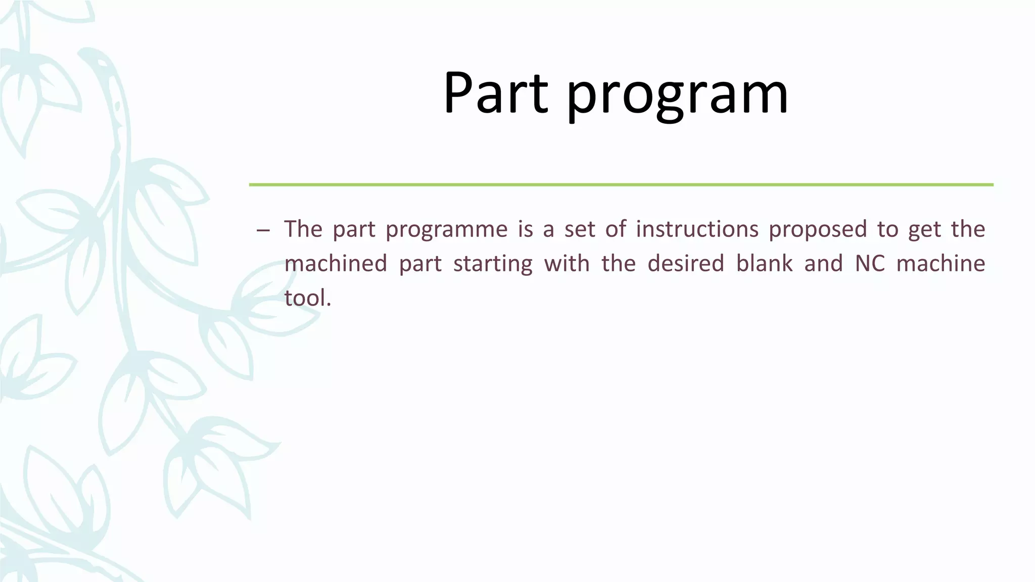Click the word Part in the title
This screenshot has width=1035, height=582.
point(495,93)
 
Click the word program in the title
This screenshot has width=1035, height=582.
point(677,96)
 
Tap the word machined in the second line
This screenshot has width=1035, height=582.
point(336,264)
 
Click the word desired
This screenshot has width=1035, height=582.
point(686,264)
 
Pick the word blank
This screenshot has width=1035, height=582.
point(764,264)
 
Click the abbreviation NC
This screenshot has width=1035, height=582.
point(870,264)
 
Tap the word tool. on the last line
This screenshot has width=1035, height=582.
point(308,298)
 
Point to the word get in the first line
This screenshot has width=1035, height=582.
point(924,230)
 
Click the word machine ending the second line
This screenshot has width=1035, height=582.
point(940,264)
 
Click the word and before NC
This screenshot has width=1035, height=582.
point(823,264)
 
